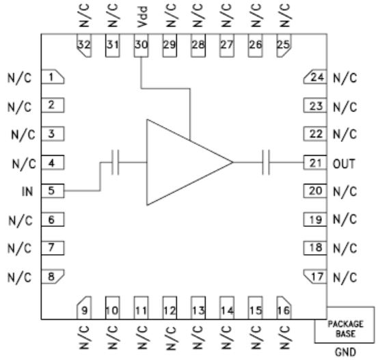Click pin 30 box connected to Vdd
[141, 45]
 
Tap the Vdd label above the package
[142, 16]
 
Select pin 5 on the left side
[53, 191]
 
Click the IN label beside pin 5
[27, 191]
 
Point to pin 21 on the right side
[315, 163]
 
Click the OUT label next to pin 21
[344, 164]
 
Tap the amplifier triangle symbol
[190, 163]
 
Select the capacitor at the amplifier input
[115, 163]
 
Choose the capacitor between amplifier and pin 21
[266, 163]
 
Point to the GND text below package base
[345, 352]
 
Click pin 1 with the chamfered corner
[53, 77]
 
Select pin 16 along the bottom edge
[284, 307]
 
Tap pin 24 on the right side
[315, 77]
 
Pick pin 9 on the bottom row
[84, 307]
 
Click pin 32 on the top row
[84, 45]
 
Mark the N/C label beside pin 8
[19, 277]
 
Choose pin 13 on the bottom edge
[198, 307]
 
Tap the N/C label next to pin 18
[345, 248]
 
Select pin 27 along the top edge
[227, 45]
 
